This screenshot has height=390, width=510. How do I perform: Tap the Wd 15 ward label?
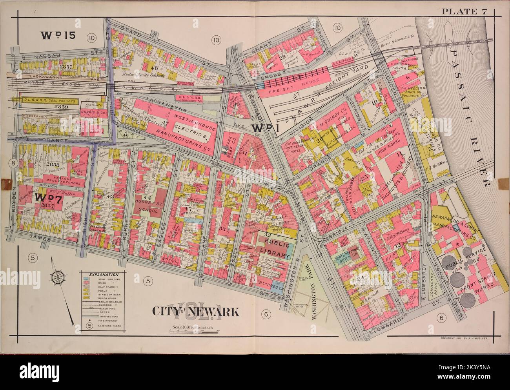coord(57,36)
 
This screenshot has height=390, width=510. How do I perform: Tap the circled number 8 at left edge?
coord(13,164)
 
